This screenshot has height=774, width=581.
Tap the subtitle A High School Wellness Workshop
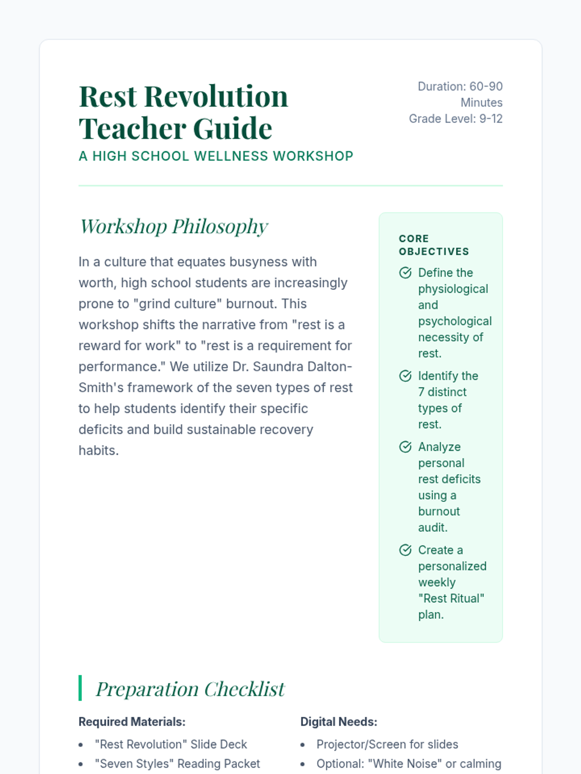[216, 156]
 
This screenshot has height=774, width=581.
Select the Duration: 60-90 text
[460, 87]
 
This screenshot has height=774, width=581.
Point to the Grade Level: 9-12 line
[456, 119]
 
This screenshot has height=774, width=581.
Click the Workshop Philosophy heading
[174, 226]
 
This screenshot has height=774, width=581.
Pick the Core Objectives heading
[434, 245]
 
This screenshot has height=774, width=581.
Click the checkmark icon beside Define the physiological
[405, 273]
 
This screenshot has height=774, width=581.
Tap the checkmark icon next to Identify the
[405, 376]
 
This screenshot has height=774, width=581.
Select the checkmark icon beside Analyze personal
[405, 447]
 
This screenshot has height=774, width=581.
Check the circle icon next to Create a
[405, 550]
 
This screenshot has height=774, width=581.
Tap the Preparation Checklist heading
[190, 689]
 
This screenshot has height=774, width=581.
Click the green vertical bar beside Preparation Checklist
[80, 688]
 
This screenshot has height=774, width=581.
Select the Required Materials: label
[132, 722]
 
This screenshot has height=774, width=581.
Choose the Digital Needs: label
[339, 722]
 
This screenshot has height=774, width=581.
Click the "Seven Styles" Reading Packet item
[177, 764]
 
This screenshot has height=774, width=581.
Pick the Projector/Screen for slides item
[387, 744]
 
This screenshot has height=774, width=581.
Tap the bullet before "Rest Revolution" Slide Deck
[81, 745]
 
